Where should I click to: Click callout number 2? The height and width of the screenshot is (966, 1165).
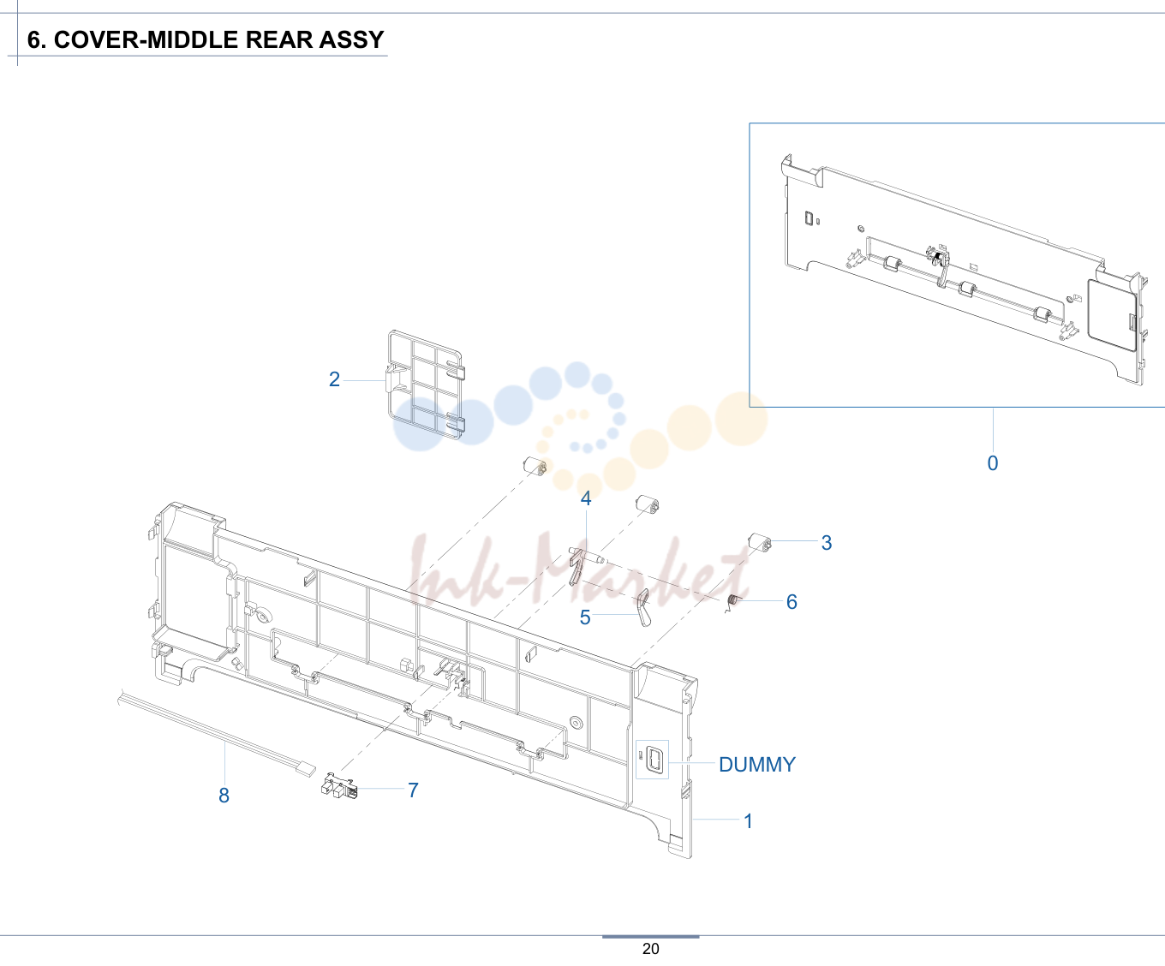pyautogui.click(x=334, y=379)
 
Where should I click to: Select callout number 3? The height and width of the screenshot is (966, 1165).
pyautogui.click(x=827, y=543)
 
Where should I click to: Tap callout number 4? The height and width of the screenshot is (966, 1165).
pyautogui.click(x=586, y=498)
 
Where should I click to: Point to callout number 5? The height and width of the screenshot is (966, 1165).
pyautogui.click(x=585, y=617)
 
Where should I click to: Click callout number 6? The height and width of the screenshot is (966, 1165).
pyautogui.click(x=792, y=602)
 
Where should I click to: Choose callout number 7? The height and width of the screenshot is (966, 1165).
pyautogui.click(x=413, y=790)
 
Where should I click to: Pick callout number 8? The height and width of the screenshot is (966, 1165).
pyautogui.click(x=224, y=796)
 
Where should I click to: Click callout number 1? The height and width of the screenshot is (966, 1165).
pyautogui.click(x=748, y=821)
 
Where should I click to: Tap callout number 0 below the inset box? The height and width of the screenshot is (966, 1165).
pyautogui.click(x=993, y=463)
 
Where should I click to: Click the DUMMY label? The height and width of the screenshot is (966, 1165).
pyautogui.click(x=757, y=765)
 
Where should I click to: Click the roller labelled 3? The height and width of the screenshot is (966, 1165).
pyautogui.click(x=760, y=542)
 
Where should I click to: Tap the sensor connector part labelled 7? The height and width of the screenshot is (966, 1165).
pyautogui.click(x=339, y=785)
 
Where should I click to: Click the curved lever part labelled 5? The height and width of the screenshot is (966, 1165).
pyautogui.click(x=644, y=608)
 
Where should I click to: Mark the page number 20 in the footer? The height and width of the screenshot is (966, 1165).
pyautogui.click(x=650, y=949)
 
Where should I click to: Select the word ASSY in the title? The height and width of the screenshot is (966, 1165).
pyautogui.click(x=351, y=39)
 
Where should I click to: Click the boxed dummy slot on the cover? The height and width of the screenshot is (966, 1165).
pyautogui.click(x=652, y=759)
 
